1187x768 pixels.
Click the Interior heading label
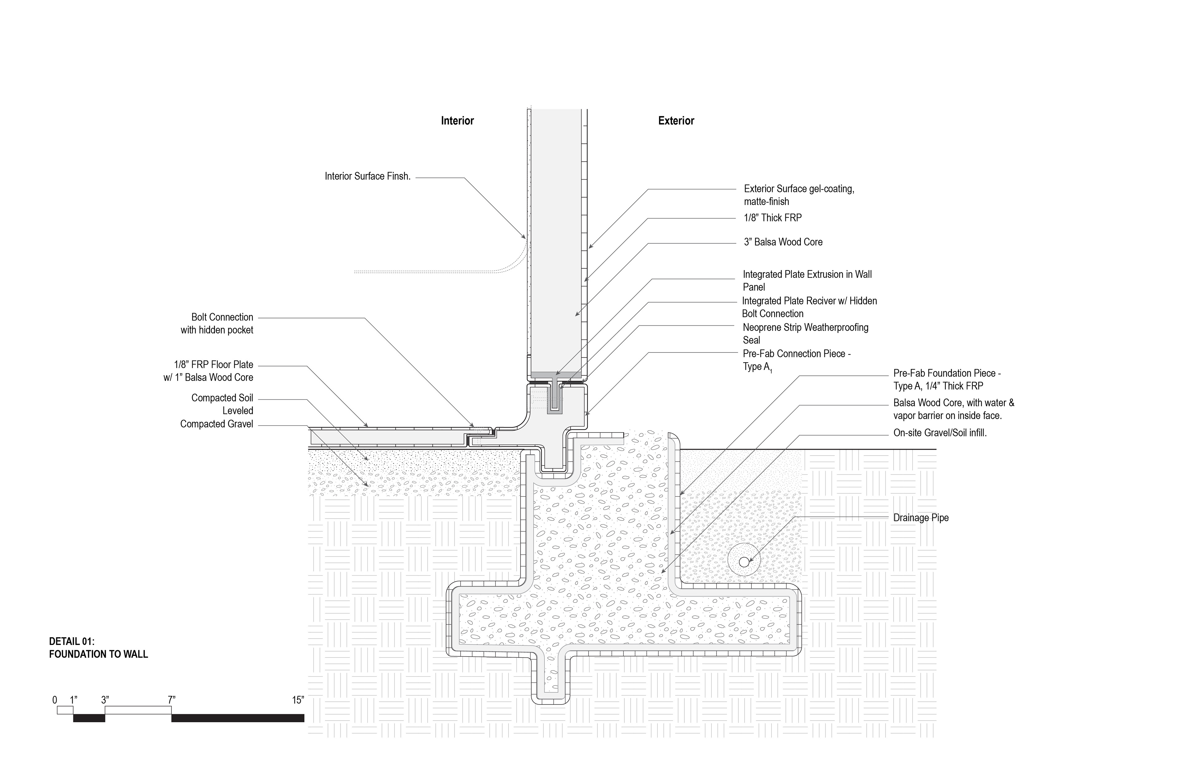[x=457, y=121]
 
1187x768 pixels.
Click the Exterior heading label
[x=676, y=121]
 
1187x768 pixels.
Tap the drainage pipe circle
[x=744, y=562]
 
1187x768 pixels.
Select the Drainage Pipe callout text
[x=921, y=518]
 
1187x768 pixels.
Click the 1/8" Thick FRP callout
[x=772, y=218]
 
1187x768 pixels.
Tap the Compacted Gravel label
[x=216, y=424]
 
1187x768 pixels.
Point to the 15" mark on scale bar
[x=298, y=700]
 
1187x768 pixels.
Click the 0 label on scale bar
[x=55, y=700]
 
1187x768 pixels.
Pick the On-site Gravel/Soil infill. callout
[x=940, y=433]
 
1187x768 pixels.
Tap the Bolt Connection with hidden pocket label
[x=217, y=324]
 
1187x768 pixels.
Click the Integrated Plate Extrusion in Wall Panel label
[x=806, y=280]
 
